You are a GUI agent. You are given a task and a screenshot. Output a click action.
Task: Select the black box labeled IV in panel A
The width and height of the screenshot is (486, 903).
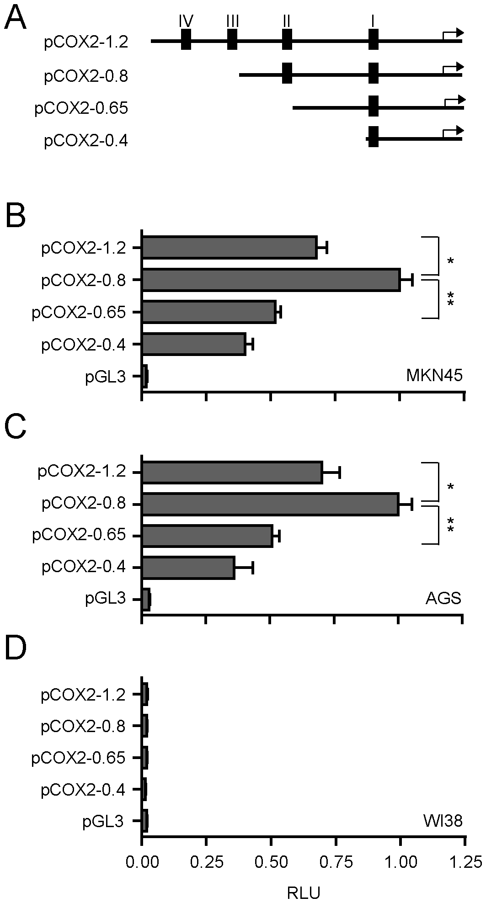[186, 40]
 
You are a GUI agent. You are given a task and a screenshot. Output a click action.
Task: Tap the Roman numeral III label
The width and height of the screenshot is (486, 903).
[232, 21]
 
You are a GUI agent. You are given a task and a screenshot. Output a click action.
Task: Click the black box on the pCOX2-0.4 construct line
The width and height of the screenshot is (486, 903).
[373, 137]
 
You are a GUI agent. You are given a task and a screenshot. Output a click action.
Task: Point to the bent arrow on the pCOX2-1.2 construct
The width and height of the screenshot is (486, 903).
[453, 35]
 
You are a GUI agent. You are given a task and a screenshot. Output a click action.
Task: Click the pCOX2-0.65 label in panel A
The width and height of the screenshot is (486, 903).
[81, 109]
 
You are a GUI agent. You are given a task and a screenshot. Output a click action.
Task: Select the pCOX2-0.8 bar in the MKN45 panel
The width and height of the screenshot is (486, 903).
[271, 280]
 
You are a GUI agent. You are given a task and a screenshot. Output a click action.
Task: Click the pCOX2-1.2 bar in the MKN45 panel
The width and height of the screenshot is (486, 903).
[230, 248]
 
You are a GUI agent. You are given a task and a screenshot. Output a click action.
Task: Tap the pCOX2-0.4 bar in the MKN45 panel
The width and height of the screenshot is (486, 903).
[194, 344]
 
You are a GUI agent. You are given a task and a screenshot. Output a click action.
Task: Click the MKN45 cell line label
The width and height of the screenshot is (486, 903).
[434, 376]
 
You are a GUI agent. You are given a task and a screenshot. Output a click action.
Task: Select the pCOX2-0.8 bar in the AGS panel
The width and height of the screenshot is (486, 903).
[271, 504]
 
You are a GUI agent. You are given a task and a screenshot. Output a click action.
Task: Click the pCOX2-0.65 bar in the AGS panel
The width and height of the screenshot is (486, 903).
[207, 536]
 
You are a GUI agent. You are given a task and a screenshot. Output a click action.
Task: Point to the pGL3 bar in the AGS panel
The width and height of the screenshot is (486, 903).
[146, 599]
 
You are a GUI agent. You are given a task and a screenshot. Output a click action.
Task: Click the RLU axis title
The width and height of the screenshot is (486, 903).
[303, 891]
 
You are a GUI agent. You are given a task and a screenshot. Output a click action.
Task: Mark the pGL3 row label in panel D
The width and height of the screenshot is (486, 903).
[104, 821]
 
